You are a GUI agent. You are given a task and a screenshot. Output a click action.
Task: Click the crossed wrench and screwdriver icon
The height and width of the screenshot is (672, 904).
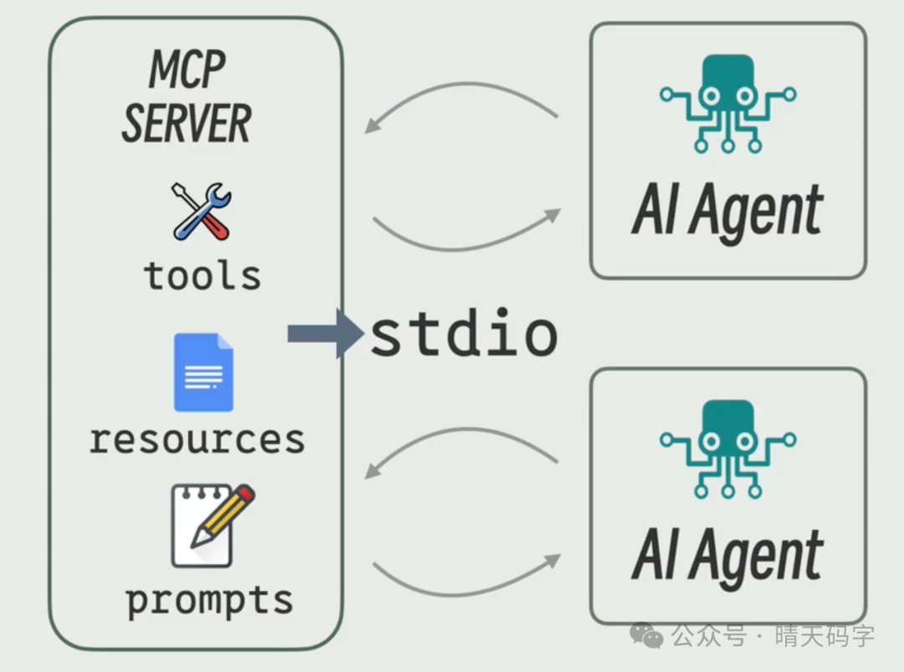(202, 212)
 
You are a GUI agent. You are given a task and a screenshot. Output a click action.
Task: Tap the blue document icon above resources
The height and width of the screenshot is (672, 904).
(203, 372)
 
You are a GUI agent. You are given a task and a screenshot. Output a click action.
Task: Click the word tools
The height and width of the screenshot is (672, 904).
(202, 275)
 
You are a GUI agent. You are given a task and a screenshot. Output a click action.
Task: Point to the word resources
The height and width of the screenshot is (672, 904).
(197, 439)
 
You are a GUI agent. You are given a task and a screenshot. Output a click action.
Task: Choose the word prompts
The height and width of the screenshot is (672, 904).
(209, 600)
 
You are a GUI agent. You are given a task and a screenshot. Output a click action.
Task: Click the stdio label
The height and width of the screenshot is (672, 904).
(464, 334)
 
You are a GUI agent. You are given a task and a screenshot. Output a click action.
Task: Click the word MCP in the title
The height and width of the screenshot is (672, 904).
(187, 70)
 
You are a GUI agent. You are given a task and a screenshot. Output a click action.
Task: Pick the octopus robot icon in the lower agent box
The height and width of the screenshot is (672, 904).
(727, 449)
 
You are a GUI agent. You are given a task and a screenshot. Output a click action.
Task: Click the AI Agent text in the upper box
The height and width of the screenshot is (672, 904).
(727, 210)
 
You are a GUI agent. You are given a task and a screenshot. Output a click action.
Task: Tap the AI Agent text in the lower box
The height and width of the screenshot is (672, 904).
(727, 556)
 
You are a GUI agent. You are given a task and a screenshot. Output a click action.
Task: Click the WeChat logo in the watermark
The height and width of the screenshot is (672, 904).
(647, 635)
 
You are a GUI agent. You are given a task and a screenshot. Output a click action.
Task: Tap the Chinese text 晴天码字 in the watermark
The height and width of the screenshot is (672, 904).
(824, 636)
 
